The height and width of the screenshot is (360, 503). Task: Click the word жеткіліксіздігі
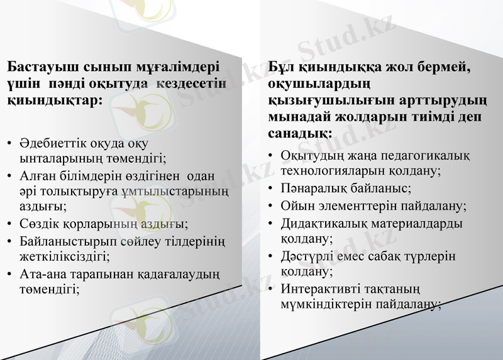click(x=64, y=256)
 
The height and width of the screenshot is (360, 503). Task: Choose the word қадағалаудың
click(x=180, y=273)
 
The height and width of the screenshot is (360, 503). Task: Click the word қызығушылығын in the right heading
click(x=321, y=101)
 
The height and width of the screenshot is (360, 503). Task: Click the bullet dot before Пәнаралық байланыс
click(x=270, y=188)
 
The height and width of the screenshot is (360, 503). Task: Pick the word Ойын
click(x=296, y=205)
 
